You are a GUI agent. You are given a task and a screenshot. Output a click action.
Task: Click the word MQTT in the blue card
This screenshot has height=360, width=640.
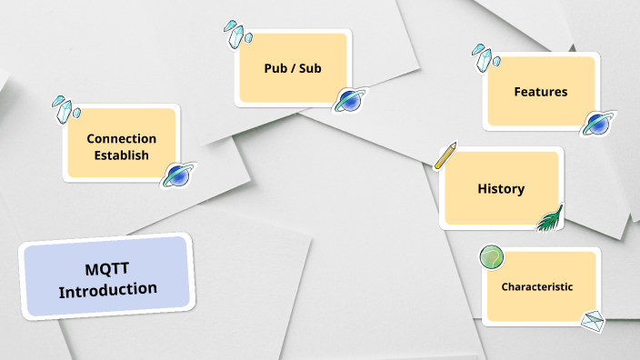coord(108,270)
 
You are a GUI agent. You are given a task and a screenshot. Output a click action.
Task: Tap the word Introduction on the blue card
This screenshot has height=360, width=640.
coord(108,289)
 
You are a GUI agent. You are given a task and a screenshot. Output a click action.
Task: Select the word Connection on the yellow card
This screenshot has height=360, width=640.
coord(121,138)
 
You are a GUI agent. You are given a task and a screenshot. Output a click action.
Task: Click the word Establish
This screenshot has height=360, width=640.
coord(121,155)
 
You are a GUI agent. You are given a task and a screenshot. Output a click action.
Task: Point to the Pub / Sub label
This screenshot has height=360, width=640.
coord(293,67)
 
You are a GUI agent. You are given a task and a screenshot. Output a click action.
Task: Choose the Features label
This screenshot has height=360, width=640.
coord(540,92)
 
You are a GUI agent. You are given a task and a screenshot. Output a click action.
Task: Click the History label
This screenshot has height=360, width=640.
coord(501,189)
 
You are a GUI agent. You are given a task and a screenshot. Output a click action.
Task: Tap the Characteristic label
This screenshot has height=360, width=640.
coord(536,286)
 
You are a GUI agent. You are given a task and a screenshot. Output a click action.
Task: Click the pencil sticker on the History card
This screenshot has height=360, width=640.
coord(445,155)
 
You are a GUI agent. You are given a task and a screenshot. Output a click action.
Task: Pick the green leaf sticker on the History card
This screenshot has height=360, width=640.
coord(550,219)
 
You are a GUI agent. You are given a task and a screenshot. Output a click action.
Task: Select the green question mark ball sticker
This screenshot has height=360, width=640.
coord(492,257)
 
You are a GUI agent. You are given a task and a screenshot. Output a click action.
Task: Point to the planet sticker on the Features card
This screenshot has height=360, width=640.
coord(596,124)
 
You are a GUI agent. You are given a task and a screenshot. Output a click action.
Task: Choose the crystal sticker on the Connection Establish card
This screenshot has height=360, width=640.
coord(64,108)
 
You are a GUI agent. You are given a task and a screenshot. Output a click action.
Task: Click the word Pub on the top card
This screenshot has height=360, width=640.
coord(270,67)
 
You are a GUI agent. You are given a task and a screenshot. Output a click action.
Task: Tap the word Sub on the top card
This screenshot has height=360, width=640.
coord(310,67)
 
